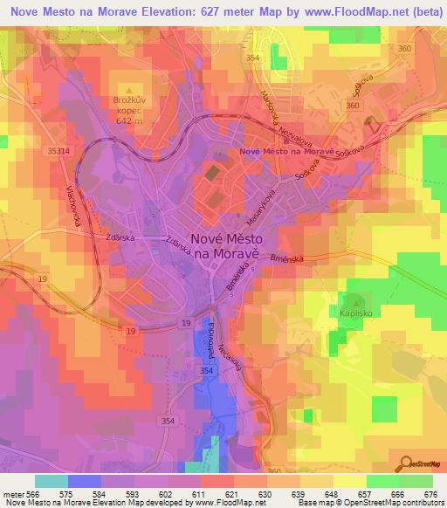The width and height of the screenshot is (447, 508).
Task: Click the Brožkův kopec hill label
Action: pyautogui.click(x=129, y=107)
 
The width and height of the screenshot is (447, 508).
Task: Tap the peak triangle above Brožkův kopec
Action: pyautogui.click(x=129, y=89)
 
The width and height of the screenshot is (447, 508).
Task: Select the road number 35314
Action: pyautogui.click(x=60, y=151)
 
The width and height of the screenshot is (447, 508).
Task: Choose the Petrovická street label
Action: pyautogui.click(x=212, y=340)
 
